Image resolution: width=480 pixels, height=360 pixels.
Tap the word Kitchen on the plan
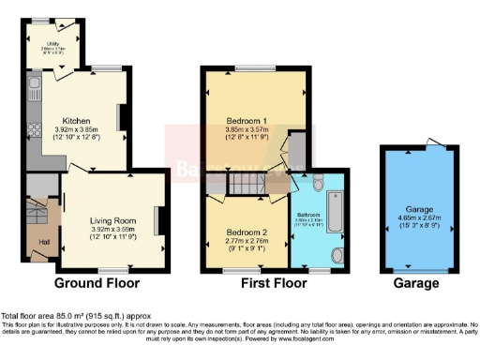(x=76, y=121)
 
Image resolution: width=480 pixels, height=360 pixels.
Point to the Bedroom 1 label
(x=249, y=121)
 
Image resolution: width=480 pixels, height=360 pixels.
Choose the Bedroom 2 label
(x=245, y=232)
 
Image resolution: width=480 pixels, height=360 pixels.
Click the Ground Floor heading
(x=97, y=282)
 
